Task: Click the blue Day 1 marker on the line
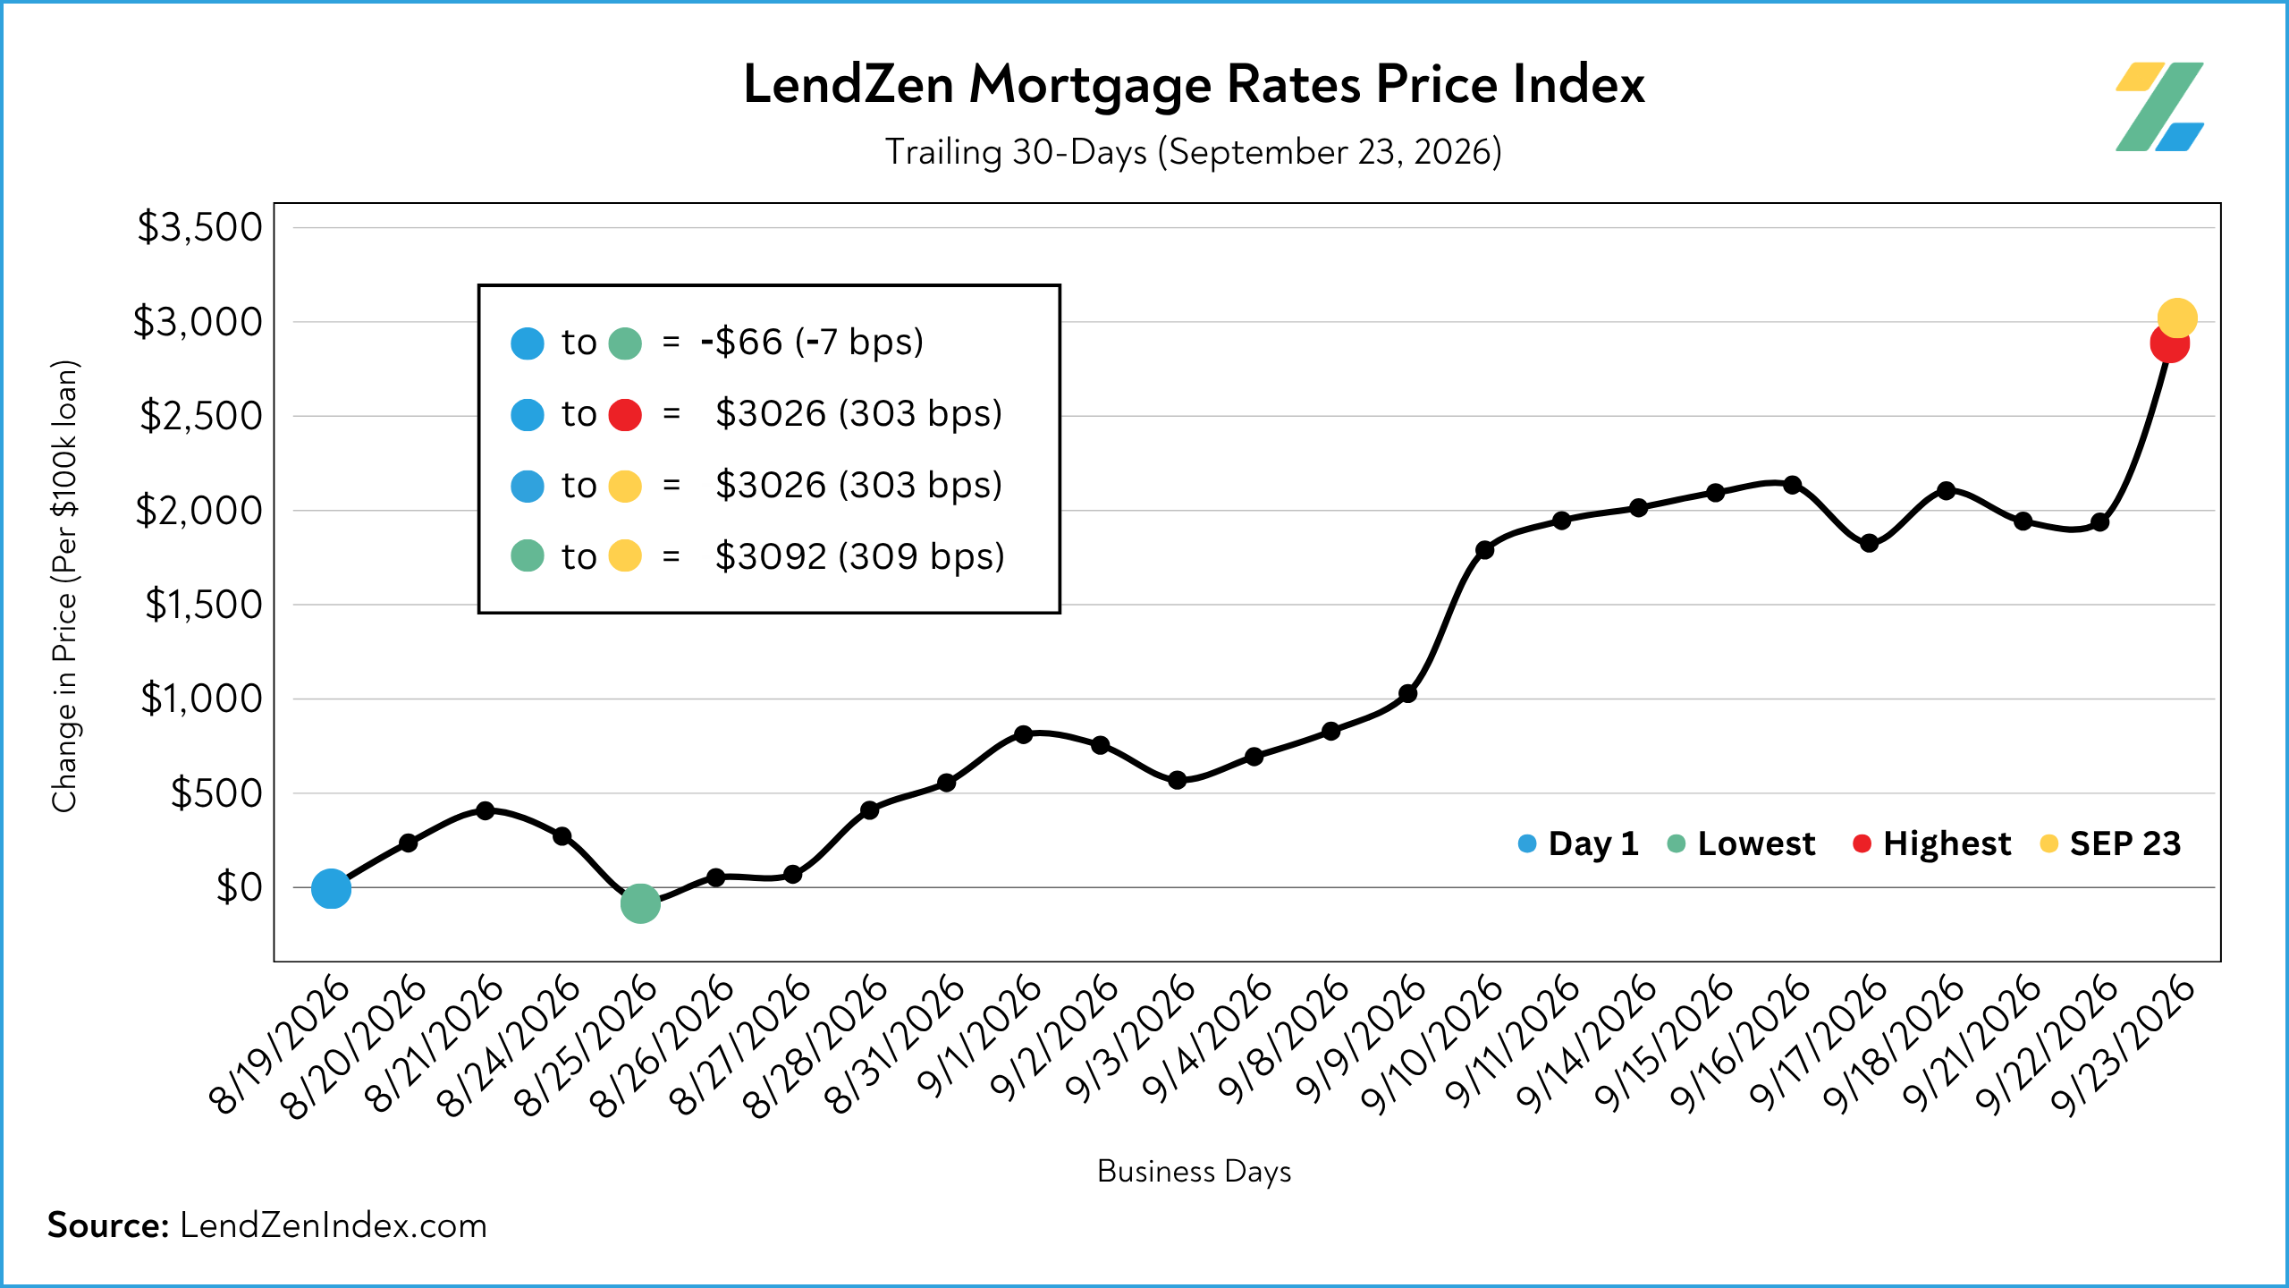[331, 888]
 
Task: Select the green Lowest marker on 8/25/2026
[640, 903]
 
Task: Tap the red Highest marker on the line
[2169, 343]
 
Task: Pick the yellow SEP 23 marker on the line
[2177, 318]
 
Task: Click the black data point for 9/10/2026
[1484, 550]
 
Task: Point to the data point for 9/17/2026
[1869, 543]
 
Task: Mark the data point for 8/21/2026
[485, 810]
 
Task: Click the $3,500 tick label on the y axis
[199, 227]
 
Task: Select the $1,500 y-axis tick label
[203, 605]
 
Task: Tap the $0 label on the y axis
[239, 887]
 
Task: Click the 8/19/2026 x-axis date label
[280, 1045]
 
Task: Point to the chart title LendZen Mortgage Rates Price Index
[1194, 85]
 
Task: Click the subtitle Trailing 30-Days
[1016, 152]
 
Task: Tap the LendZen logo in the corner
[2159, 106]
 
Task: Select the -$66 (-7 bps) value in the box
[812, 343]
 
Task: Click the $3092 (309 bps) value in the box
[859, 557]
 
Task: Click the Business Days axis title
[1195, 1172]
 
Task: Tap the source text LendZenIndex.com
[334, 1225]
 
